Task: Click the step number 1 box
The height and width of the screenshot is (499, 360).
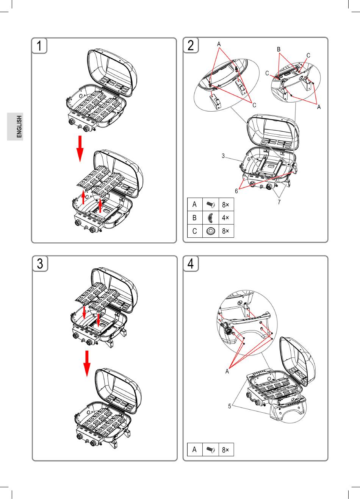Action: [39, 45]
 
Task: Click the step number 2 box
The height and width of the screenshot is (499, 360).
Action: [191, 45]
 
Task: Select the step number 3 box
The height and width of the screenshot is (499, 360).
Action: [40, 264]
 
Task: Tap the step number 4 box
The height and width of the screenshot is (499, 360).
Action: [191, 264]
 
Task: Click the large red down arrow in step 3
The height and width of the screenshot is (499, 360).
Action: [87, 363]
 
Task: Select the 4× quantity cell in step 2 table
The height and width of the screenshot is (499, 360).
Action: [225, 218]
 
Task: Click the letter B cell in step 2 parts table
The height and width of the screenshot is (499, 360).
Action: [195, 218]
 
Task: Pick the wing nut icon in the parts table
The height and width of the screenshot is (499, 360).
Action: [210, 218]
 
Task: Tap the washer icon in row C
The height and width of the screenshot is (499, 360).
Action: [210, 231]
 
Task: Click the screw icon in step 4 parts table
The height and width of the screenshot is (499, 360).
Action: [210, 450]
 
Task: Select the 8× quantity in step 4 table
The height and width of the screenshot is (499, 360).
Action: [225, 450]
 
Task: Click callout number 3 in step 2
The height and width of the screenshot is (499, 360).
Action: [224, 156]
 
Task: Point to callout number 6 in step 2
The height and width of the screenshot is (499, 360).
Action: [236, 191]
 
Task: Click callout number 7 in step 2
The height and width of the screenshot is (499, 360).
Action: [279, 202]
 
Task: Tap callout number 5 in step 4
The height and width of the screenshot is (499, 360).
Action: [230, 406]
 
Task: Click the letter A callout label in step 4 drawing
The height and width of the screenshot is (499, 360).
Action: [227, 371]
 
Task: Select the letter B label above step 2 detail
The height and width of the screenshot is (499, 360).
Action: [279, 49]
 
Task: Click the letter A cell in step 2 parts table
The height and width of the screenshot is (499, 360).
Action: [195, 204]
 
